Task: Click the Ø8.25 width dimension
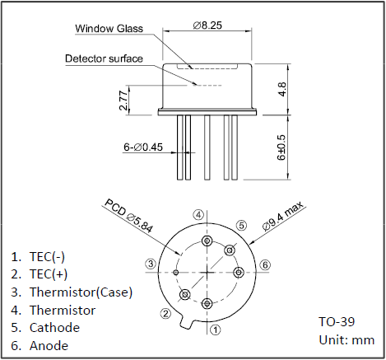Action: [x=207, y=26]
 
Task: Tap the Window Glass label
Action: [x=109, y=29]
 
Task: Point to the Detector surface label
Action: [x=104, y=58]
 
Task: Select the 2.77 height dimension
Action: [x=123, y=100]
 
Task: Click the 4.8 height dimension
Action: [x=282, y=89]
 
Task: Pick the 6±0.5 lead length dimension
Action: [x=281, y=147]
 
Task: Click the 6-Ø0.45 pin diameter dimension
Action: [x=143, y=147]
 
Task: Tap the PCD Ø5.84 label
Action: [x=128, y=216]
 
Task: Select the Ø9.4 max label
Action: [x=283, y=216]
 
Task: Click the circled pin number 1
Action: [x=216, y=330]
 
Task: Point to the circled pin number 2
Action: [x=165, y=313]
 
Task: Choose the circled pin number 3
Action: [x=151, y=264]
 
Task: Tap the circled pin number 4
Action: [x=198, y=215]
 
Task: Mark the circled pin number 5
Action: [x=241, y=226]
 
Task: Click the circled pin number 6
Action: [x=265, y=265]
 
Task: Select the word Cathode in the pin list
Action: [x=54, y=328]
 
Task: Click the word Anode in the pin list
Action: [x=49, y=345]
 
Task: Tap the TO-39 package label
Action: [x=337, y=321]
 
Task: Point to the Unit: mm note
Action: [x=346, y=340]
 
